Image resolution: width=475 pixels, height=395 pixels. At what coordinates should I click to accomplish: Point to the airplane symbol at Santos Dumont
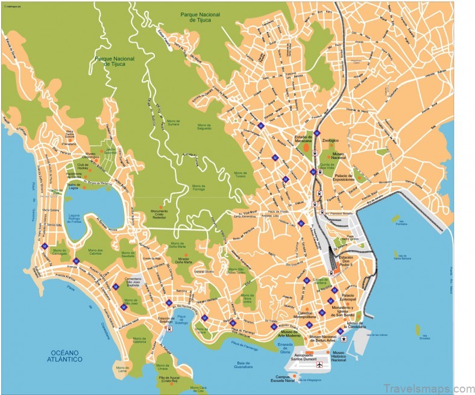[x=319, y=363]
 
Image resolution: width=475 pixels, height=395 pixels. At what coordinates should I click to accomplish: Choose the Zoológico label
[x=330, y=140]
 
